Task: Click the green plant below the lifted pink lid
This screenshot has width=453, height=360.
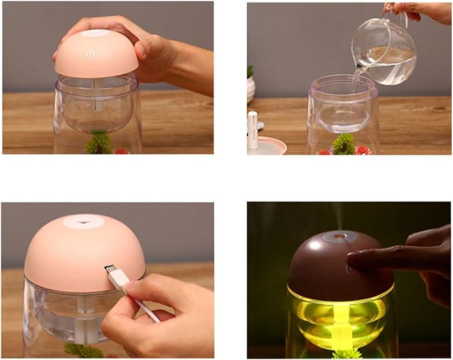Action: coord(99,142)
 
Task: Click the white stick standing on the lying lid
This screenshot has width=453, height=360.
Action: coord(253,129)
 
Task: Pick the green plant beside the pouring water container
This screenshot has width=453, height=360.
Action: coord(344,143)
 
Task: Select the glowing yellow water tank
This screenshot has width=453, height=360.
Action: coord(340,313)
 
